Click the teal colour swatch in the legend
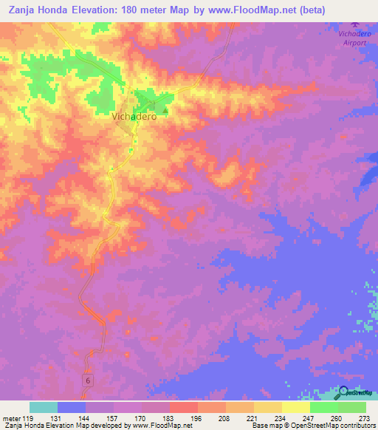click(x=44, y=407)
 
